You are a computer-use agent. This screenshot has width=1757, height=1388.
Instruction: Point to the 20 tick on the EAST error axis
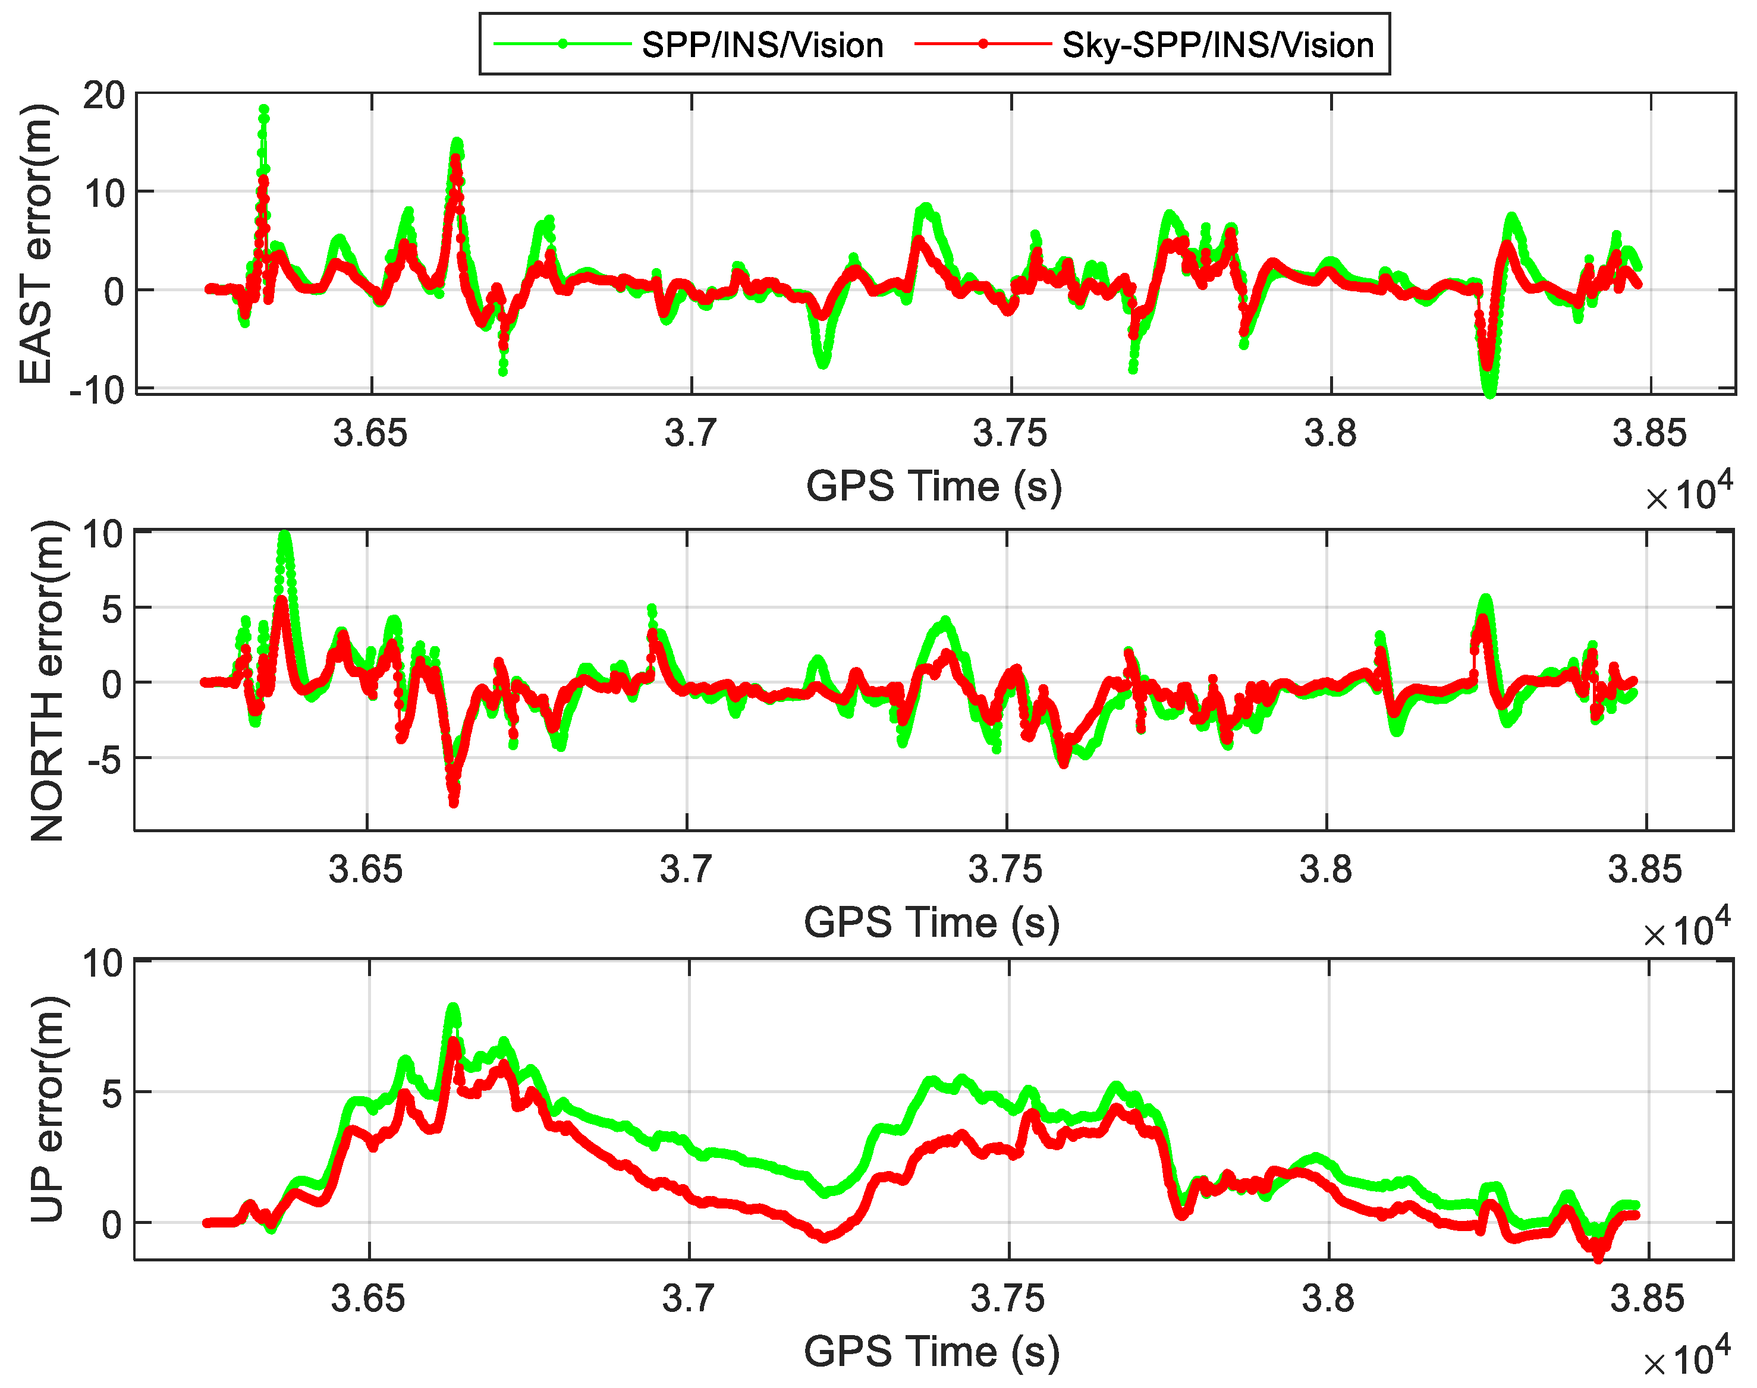[x=104, y=96]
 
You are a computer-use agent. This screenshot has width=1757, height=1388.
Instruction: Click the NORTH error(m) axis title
[x=47, y=681]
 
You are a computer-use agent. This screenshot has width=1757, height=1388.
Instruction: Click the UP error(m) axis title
[x=47, y=1109]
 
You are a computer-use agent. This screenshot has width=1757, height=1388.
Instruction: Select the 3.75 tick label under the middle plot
[x=1005, y=870]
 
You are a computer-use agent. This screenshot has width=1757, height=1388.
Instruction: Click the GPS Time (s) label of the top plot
[x=933, y=486]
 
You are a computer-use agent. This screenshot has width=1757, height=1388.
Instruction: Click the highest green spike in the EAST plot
[x=264, y=109]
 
